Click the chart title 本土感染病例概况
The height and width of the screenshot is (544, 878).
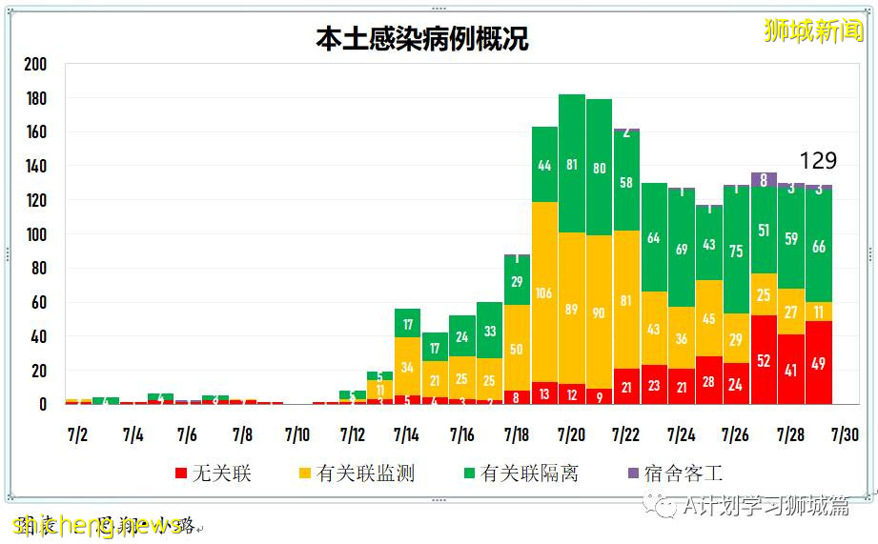(421, 38)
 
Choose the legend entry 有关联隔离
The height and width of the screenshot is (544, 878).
(520, 473)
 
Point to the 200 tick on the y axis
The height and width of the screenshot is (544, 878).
(35, 65)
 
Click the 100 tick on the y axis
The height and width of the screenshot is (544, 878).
(35, 234)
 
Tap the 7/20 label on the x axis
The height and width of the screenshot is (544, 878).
(571, 435)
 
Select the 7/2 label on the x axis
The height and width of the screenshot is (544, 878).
(78, 435)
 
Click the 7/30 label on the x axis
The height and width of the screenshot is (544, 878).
(845, 435)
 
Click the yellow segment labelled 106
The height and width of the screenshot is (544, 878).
(544, 292)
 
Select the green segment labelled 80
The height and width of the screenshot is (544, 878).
(599, 169)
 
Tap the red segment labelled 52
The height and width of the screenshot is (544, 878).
(764, 360)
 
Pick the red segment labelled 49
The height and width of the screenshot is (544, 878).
(818, 363)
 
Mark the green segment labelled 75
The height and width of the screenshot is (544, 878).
(736, 252)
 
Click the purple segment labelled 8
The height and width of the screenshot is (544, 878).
(764, 179)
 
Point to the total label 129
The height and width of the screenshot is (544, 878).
(817, 161)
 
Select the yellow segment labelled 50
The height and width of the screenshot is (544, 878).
(517, 350)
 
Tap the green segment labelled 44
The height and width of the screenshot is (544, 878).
(544, 165)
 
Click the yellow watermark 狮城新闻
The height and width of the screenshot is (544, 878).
(813, 30)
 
